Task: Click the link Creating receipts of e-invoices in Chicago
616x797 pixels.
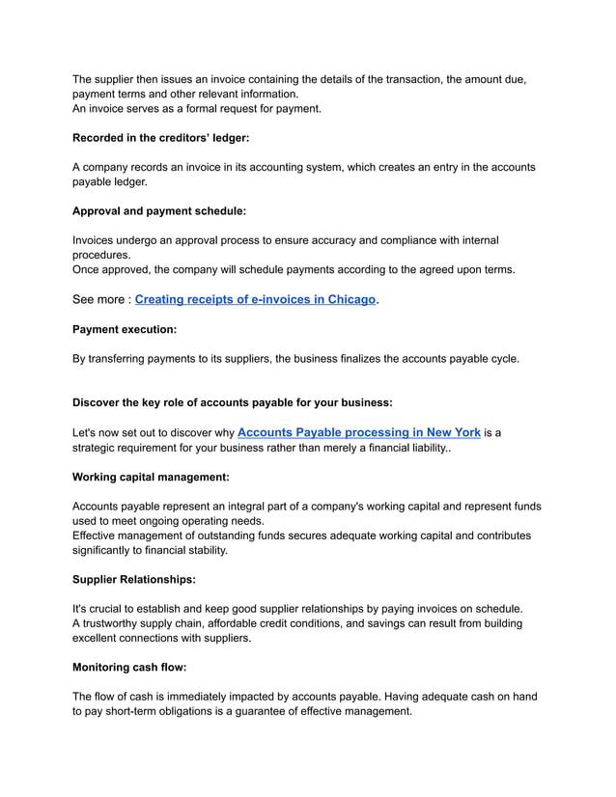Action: click(255, 300)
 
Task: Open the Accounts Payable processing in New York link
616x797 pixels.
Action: click(358, 433)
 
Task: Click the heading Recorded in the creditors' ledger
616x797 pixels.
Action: click(161, 138)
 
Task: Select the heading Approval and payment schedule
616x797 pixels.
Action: click(159, 210)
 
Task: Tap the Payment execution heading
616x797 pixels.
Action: click(125, 329)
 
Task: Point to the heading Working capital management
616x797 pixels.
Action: click(151, 477)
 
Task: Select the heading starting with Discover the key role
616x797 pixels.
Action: click(233, 402)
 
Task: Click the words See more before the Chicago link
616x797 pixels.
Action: click(99, 300)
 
